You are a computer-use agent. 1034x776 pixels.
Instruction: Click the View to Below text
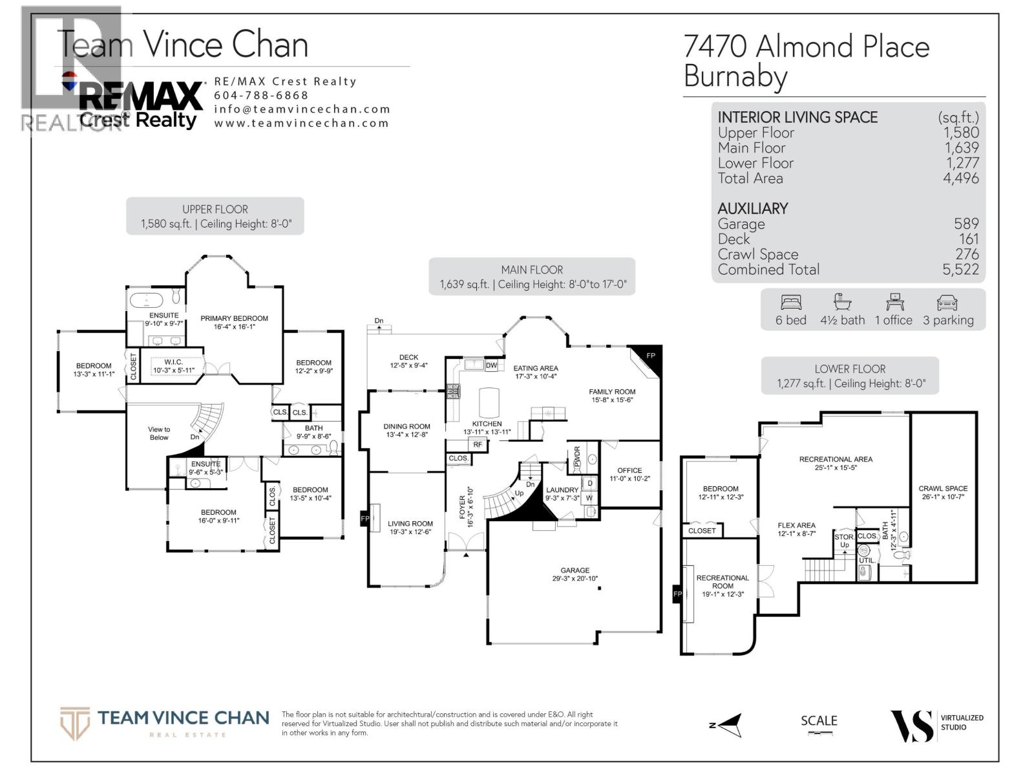pos(159,433)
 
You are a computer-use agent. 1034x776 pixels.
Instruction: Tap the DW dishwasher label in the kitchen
pos(491,365)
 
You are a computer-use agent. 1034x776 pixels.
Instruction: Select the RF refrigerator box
pos(478,444)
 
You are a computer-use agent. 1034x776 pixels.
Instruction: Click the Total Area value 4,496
pos(960,178)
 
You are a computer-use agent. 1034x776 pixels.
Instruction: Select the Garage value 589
pos(966,224)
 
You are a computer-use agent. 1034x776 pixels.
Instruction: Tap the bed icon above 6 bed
pos(791,302)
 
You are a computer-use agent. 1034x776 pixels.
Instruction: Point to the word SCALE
pos(819,720)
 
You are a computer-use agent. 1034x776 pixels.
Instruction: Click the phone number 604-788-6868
pos(261,95)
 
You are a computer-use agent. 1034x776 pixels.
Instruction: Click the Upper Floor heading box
pos(215,216)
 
